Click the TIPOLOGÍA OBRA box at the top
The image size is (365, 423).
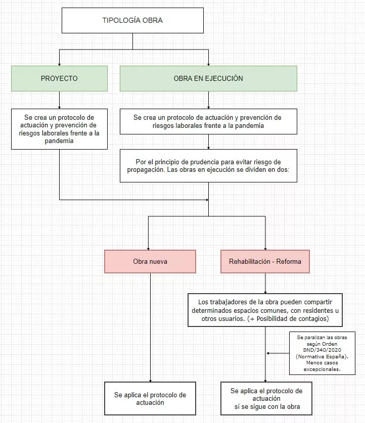pyautogui.click(x=132, y=21)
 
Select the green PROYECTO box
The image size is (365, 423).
pyautogui.click(x=59, y=78)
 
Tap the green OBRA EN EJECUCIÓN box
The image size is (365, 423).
pyautogui.click(x=208, y=78)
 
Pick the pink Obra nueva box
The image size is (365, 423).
pyautogui.click(x=150, y=261)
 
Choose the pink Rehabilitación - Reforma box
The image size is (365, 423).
pyautogui.click(x=265, y=261)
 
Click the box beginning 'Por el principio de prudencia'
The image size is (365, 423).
pyautogui.click(x=208, y=166)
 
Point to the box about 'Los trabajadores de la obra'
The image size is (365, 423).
pyautogui.click(x=265, y=310)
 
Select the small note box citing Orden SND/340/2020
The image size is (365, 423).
pyautogui.click(x=322, y=353)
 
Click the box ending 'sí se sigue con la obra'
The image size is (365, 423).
pyautogui.click(x=266, y=398)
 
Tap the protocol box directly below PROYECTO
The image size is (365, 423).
pyautogui.click(x=59, y=129)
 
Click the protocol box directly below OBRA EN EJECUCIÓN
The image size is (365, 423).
pyautogui.click(x=208, y=121)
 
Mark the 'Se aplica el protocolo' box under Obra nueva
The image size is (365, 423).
pyautogui.click(x=150, y=398)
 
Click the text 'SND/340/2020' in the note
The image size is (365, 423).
pyautogui.click(x=322, y=350)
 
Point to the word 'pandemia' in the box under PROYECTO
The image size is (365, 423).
pyautogui.click(x=59, y=141)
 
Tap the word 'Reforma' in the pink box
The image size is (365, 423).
pyautogui.click(x=289, y=261)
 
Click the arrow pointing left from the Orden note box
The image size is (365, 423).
pyautogui.click(x=278, y=353)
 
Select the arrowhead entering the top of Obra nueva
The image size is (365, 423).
pyautogui.click(x=148, y=249)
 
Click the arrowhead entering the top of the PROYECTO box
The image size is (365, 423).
pyautogui.click(x=59, y=64)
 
